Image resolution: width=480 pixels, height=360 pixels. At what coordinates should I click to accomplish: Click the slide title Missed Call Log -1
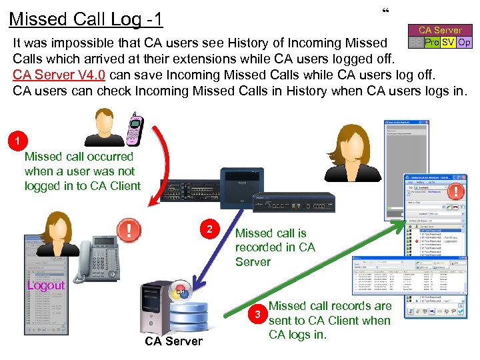(86, 19)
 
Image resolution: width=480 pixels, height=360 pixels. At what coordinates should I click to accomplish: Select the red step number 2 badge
(210, 229)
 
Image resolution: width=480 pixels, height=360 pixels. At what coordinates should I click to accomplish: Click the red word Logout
(46, 285)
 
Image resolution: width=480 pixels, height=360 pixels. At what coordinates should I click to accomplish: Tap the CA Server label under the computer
(173, 341)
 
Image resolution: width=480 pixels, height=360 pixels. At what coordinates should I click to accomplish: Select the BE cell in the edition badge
(415, 42)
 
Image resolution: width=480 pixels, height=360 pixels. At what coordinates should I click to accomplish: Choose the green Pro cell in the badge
(431, 42)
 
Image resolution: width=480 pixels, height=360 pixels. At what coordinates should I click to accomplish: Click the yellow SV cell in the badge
(448, 42)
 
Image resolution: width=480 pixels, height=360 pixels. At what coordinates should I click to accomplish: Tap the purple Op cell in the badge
(464, 42)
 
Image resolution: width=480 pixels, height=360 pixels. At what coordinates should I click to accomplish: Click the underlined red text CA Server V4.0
(61, 74)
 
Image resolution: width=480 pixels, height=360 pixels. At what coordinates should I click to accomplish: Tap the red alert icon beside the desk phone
(128, 230)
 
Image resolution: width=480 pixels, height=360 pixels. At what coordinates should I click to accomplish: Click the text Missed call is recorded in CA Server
(274, 247)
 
